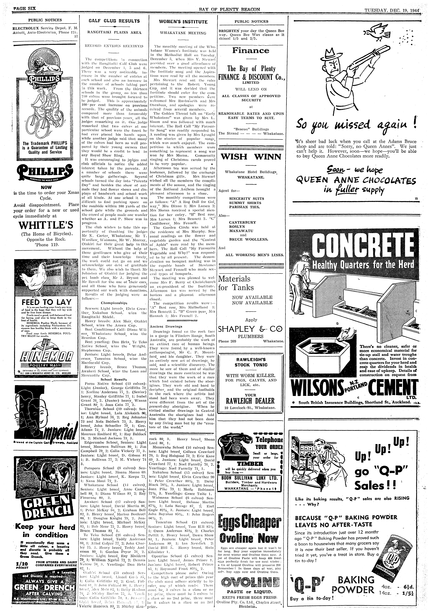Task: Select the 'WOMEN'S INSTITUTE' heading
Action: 183,22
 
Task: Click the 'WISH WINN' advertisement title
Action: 251,157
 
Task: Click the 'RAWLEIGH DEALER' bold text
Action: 251,401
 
